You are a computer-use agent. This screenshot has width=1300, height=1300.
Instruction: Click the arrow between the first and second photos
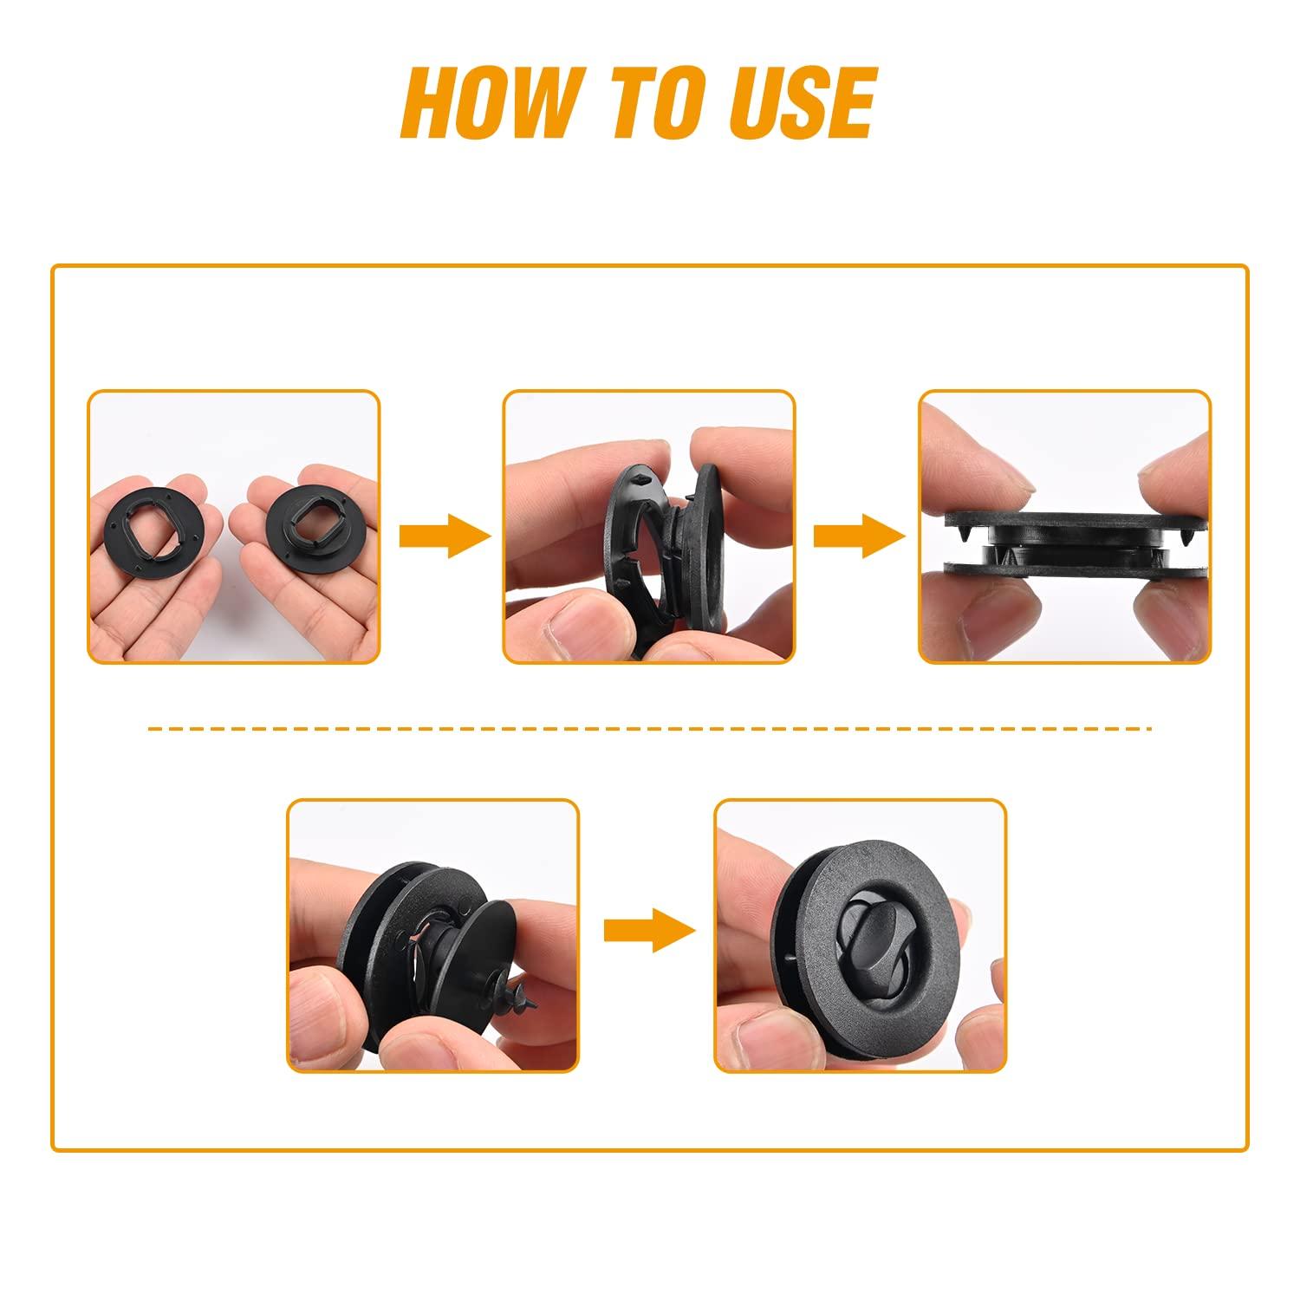443,536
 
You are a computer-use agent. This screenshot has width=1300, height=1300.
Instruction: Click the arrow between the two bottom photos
650,930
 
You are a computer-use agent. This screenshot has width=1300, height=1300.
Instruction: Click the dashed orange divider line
650,730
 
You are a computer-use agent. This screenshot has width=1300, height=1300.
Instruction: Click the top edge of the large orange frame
650,265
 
